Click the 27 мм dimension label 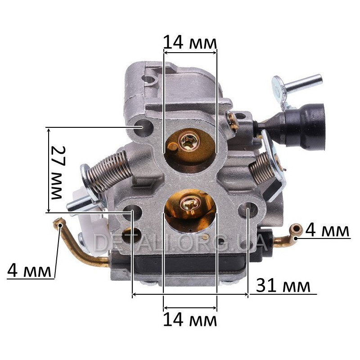[58, 172]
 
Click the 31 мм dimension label [283, 286]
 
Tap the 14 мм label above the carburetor [190, 43]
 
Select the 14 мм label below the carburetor [190, 320]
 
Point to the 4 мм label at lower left [29, 271]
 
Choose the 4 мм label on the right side [327, 230]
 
